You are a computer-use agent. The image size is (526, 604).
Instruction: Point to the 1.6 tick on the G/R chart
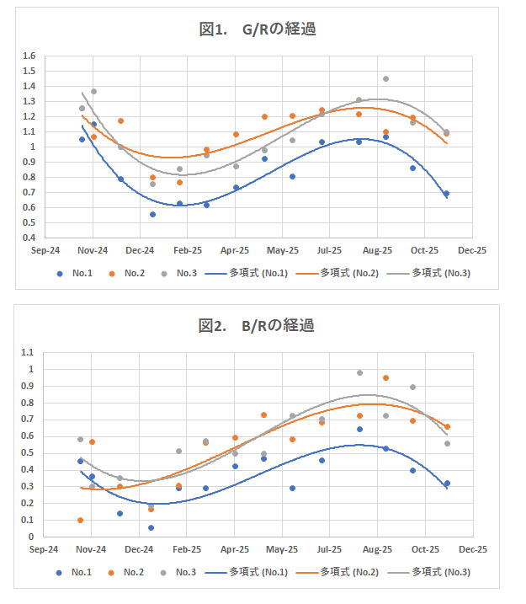(29, 56)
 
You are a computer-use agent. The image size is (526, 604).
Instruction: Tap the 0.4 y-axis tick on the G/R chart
(29, 238)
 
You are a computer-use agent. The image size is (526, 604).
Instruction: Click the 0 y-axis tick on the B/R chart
(31, 537)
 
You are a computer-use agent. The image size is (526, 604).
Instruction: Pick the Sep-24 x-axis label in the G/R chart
(45, 251)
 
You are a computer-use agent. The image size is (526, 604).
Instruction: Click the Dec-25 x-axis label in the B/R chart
(472, 549)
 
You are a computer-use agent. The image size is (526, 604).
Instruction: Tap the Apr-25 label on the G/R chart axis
(235, 251)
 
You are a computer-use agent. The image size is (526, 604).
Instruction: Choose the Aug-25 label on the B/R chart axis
(376, 549)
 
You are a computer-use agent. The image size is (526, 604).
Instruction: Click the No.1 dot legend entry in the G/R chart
(77, 273)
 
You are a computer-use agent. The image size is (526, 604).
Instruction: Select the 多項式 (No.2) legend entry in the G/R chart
(347, 273)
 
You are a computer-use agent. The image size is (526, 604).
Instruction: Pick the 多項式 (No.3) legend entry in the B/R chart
(439, 572)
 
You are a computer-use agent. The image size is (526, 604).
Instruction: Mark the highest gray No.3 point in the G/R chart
(385, 79)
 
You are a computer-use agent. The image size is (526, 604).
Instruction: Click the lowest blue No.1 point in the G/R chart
(152, 214)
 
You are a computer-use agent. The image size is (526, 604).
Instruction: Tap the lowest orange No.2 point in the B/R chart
(80, 520)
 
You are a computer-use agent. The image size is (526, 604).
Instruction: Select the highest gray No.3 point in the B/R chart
(359, 372)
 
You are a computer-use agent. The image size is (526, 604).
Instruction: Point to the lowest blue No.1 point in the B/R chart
(151, 527)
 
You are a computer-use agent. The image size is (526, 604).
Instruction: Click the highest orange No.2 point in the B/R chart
(386, 378)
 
